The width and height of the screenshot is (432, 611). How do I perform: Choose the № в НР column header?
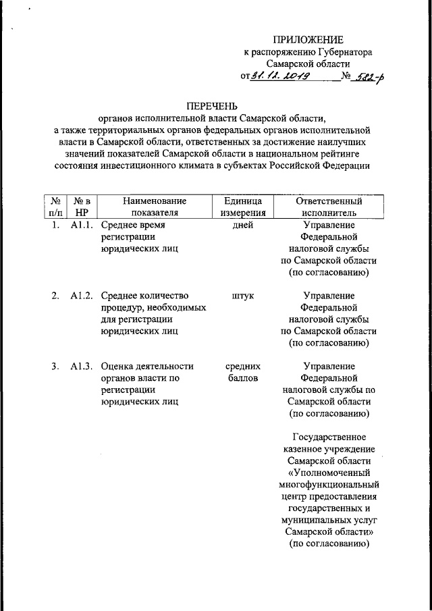(81, 207)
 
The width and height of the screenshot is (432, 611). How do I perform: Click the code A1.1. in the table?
(81, 225)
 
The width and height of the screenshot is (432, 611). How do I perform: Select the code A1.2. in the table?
(81, 296)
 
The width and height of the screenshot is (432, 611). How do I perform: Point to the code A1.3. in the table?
(81, 367)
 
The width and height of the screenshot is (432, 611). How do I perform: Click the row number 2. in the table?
(55, 296)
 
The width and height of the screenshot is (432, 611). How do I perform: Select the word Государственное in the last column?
(329, 437)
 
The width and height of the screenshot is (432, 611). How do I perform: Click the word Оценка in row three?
(117, 367)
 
